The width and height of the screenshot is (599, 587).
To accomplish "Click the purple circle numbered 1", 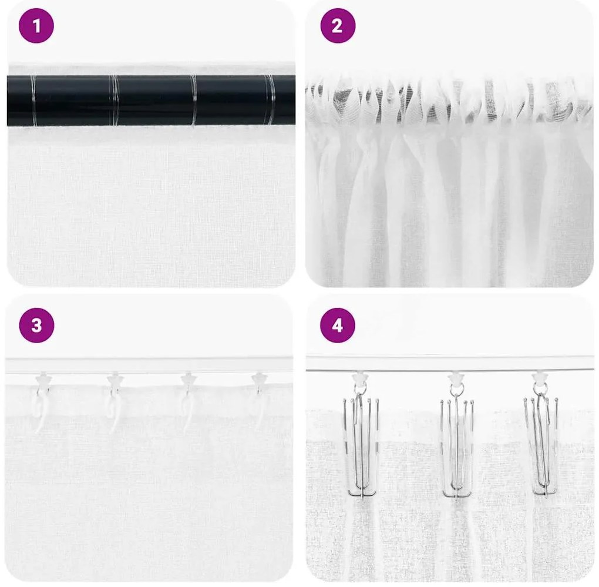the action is (36, 26).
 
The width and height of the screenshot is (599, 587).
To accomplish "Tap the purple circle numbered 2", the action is (338, 26).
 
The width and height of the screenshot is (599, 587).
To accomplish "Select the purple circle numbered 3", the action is (36, 325).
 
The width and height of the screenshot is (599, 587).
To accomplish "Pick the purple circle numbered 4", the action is (338, 325).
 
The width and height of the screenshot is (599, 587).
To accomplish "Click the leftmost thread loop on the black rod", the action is (33, 100).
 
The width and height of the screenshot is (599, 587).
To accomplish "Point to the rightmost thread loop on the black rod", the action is (270, 100).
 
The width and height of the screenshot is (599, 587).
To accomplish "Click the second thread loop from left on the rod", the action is (114, 100).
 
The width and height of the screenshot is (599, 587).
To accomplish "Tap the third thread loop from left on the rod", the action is (194, 100).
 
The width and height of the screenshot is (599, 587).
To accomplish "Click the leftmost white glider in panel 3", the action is (43, 380).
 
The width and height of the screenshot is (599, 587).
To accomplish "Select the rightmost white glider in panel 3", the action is (259, 380).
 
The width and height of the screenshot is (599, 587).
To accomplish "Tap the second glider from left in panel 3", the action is (115, 380).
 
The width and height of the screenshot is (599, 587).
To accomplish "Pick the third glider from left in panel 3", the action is (188, 380).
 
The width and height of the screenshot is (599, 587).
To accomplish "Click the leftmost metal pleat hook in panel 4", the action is (361, 447).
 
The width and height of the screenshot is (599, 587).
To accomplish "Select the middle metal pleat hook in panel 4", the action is (457, 447).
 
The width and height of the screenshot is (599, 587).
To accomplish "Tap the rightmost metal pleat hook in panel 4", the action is (541, 447).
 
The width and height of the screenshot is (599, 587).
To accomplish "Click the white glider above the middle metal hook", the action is (456, 378).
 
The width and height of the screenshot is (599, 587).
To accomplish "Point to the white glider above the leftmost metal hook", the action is (360, 378).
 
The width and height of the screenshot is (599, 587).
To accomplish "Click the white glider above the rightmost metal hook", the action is (540, 378).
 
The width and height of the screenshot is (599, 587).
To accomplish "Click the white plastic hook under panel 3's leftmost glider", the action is (40, 411).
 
